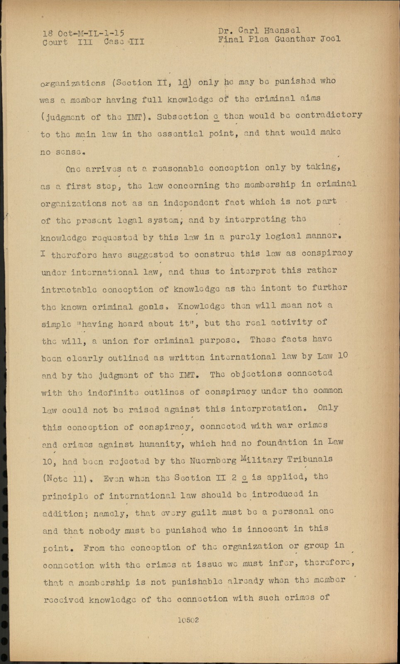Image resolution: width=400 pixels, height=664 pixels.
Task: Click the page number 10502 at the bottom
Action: click(x=188, y=620)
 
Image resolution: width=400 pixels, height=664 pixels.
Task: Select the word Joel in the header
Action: click(x=330, y=39)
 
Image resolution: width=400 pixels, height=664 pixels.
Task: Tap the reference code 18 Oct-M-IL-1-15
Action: click(x=83, y=33)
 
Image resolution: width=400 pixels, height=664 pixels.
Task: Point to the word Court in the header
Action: click(x=55, y=42)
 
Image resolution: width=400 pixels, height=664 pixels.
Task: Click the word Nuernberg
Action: click(x=213, y=460)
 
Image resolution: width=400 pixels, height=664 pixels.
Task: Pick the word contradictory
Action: click(x=329, y=115)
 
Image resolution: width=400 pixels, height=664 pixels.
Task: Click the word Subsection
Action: click(x=183, y=117)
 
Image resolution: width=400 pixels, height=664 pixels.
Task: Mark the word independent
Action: click(x=191, y=203)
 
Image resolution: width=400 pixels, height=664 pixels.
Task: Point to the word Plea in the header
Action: click(x=259, y=39)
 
